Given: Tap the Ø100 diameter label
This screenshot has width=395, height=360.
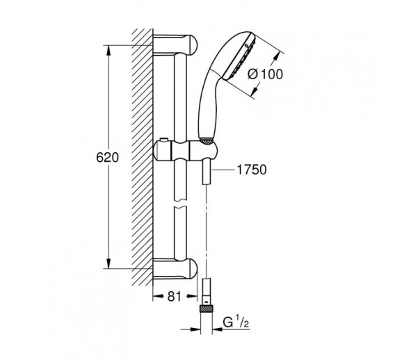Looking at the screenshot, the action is click(x=265, y=74).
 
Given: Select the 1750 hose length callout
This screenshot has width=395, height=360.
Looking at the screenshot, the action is click(x=252, y=170).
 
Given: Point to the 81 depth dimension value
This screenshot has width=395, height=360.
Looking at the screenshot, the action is click(x=175, y=296).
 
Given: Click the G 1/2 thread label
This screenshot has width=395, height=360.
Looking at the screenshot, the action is click(x=236, y=322).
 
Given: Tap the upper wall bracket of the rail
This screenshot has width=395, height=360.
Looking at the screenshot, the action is click(x=175, y=44).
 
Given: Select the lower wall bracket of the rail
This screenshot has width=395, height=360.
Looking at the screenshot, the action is click(x=175, y=269).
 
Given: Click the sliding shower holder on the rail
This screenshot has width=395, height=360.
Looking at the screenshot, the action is click(x=186, y=151).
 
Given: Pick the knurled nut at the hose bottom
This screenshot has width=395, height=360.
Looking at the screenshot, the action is click(x=207, y=309).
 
